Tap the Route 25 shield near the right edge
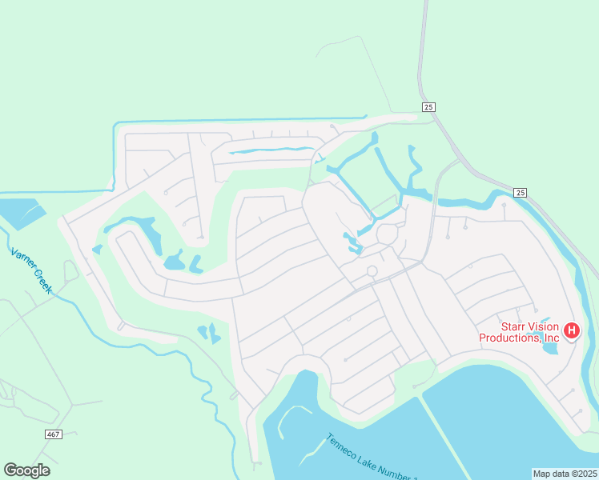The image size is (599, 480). pos(521,192)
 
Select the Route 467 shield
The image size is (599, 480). pos(53,433)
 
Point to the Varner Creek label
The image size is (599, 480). pos(31,270)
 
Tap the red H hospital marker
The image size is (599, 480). pos(572,330)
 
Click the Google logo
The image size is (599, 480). pos(26,470)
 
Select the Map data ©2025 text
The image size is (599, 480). pos(565,473)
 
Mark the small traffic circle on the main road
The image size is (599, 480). pos(372,271)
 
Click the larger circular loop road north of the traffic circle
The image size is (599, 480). pos(388,234)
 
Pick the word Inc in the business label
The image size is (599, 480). pos(550,338)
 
